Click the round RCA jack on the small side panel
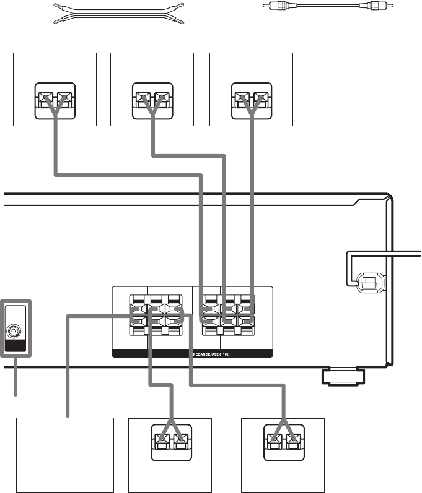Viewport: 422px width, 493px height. click(12, 330)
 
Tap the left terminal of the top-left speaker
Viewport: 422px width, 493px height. click(45, 98)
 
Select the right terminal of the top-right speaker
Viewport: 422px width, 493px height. click(261, 98)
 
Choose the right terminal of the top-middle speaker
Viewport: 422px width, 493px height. click(162, 98)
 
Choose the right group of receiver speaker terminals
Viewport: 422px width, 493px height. click(227, 315)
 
